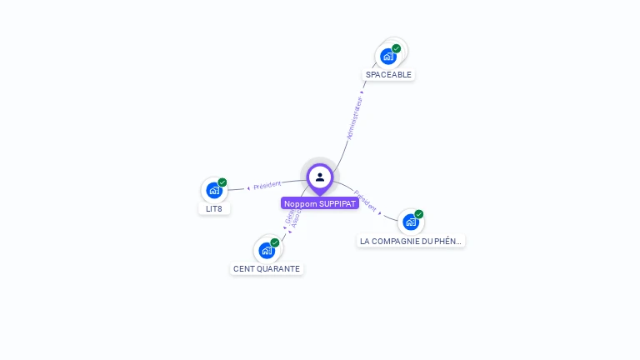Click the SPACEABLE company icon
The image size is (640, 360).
(x=387, y=57)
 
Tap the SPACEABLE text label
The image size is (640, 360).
(x=388, y=75)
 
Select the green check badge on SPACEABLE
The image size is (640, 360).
(x=397, y=48)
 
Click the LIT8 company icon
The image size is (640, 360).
(x=213, y=191)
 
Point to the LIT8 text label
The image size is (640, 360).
(x=214, y=208)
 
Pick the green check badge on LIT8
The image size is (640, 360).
(x=222, y=182)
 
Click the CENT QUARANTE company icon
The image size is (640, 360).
(x=266, y=250)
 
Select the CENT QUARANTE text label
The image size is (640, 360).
(x=267, y=269)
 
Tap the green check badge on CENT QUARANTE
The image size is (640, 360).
(x=275, y=242)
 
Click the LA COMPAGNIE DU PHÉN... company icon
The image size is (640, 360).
(x=410, y=222)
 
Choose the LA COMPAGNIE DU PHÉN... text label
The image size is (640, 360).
(x=411, y=242)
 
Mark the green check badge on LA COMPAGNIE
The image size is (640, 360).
(x=419, y=214)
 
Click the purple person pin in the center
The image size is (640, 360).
(x=320, y=177)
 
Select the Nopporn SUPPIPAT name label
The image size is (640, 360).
(x=320, y=203)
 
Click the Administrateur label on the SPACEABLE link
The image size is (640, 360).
(x=355, y=117)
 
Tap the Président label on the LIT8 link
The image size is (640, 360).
(x=267, y=185)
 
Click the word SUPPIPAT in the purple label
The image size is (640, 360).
(x=337, y=203)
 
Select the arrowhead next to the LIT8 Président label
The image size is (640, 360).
(x=248, y=188)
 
